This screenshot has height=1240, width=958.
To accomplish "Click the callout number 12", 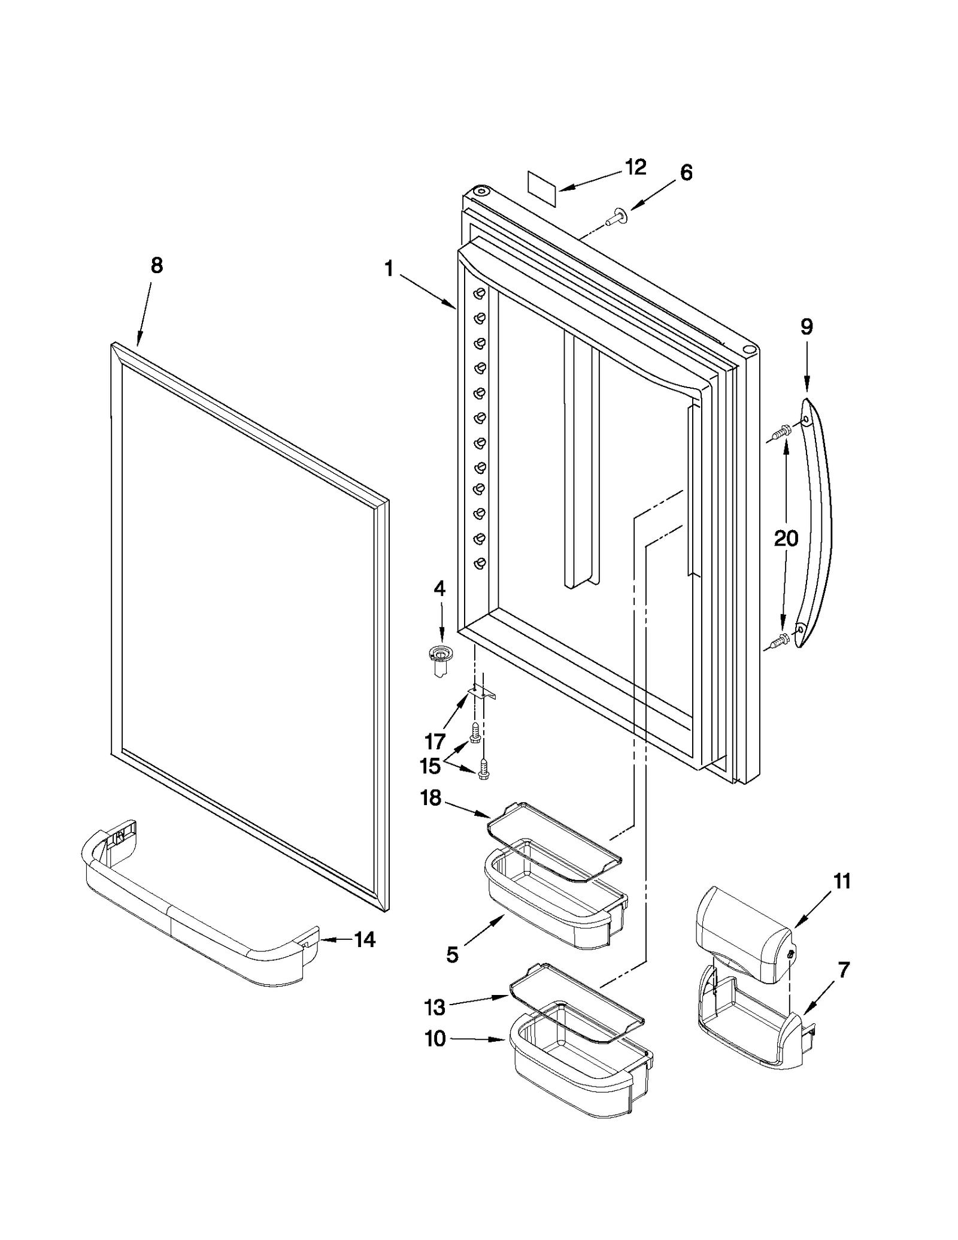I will click(x=635, y=167).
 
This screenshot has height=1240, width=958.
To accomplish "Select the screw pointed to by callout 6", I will click(x=614, y=216).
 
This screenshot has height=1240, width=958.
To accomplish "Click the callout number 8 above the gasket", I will click(x=156, y=265).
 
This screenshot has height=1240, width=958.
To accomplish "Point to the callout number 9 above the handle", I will click(x=807, y=327).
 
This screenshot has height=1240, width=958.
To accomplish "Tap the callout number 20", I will click(x=786, y=539).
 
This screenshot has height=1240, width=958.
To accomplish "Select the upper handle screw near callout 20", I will click(x=780, y=431).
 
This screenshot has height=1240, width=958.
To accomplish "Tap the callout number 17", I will click(x=435, y=742).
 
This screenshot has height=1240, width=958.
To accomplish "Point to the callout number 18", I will click(x=431, y=798).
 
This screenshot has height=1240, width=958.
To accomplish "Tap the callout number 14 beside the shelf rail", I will click(x=365, y=940).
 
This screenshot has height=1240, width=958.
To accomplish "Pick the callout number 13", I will click(x=435, y=1008).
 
